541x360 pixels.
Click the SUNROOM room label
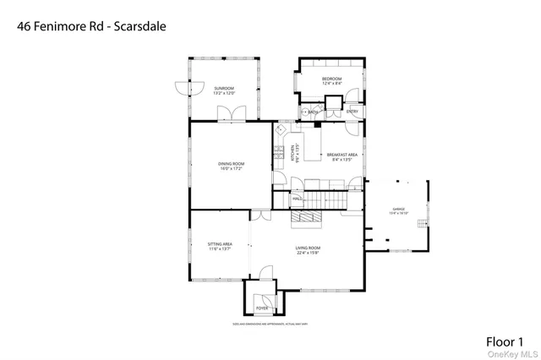click(x=224, y=88)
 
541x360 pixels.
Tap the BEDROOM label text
click(x=331, y=79)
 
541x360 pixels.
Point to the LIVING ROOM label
click(x=308, y=248)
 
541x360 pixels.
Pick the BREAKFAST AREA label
click(x=342, y=155)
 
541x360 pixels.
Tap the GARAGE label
click(x=398, y=209)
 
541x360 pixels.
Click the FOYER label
click(x=262, y=308)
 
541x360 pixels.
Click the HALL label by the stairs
click(x=298, y=199)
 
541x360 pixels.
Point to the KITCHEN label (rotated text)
click(x=292, y=153)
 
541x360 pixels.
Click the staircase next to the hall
click(x=326, y=200)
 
